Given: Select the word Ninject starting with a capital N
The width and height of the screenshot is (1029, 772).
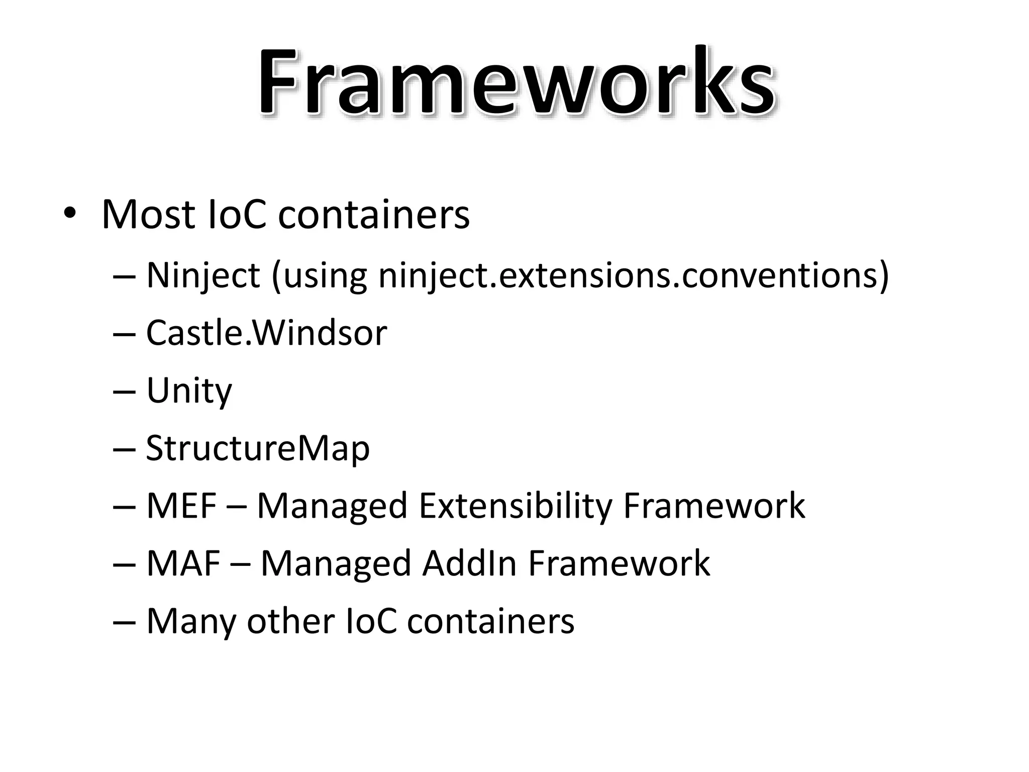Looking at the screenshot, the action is pos(203,276).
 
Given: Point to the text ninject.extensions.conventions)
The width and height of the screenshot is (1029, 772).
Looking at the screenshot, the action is pos(634,276).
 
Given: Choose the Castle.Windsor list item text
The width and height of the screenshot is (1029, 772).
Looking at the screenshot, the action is pos(266,333).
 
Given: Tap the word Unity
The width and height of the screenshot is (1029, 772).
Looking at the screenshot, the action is pos(189,391).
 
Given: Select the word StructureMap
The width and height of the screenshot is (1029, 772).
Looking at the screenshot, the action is pos(258,448).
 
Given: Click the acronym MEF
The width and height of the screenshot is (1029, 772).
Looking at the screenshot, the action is pos(181,506).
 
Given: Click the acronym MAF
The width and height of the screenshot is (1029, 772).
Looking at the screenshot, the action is pos(183,563).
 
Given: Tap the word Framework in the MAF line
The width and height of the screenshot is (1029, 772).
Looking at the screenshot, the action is pos(619,563).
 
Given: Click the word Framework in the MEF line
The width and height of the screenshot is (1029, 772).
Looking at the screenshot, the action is pos(714,506).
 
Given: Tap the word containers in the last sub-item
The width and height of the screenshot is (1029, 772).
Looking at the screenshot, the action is pos(490,621).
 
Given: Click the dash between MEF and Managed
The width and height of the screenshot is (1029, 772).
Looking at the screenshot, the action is pos(237,506).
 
